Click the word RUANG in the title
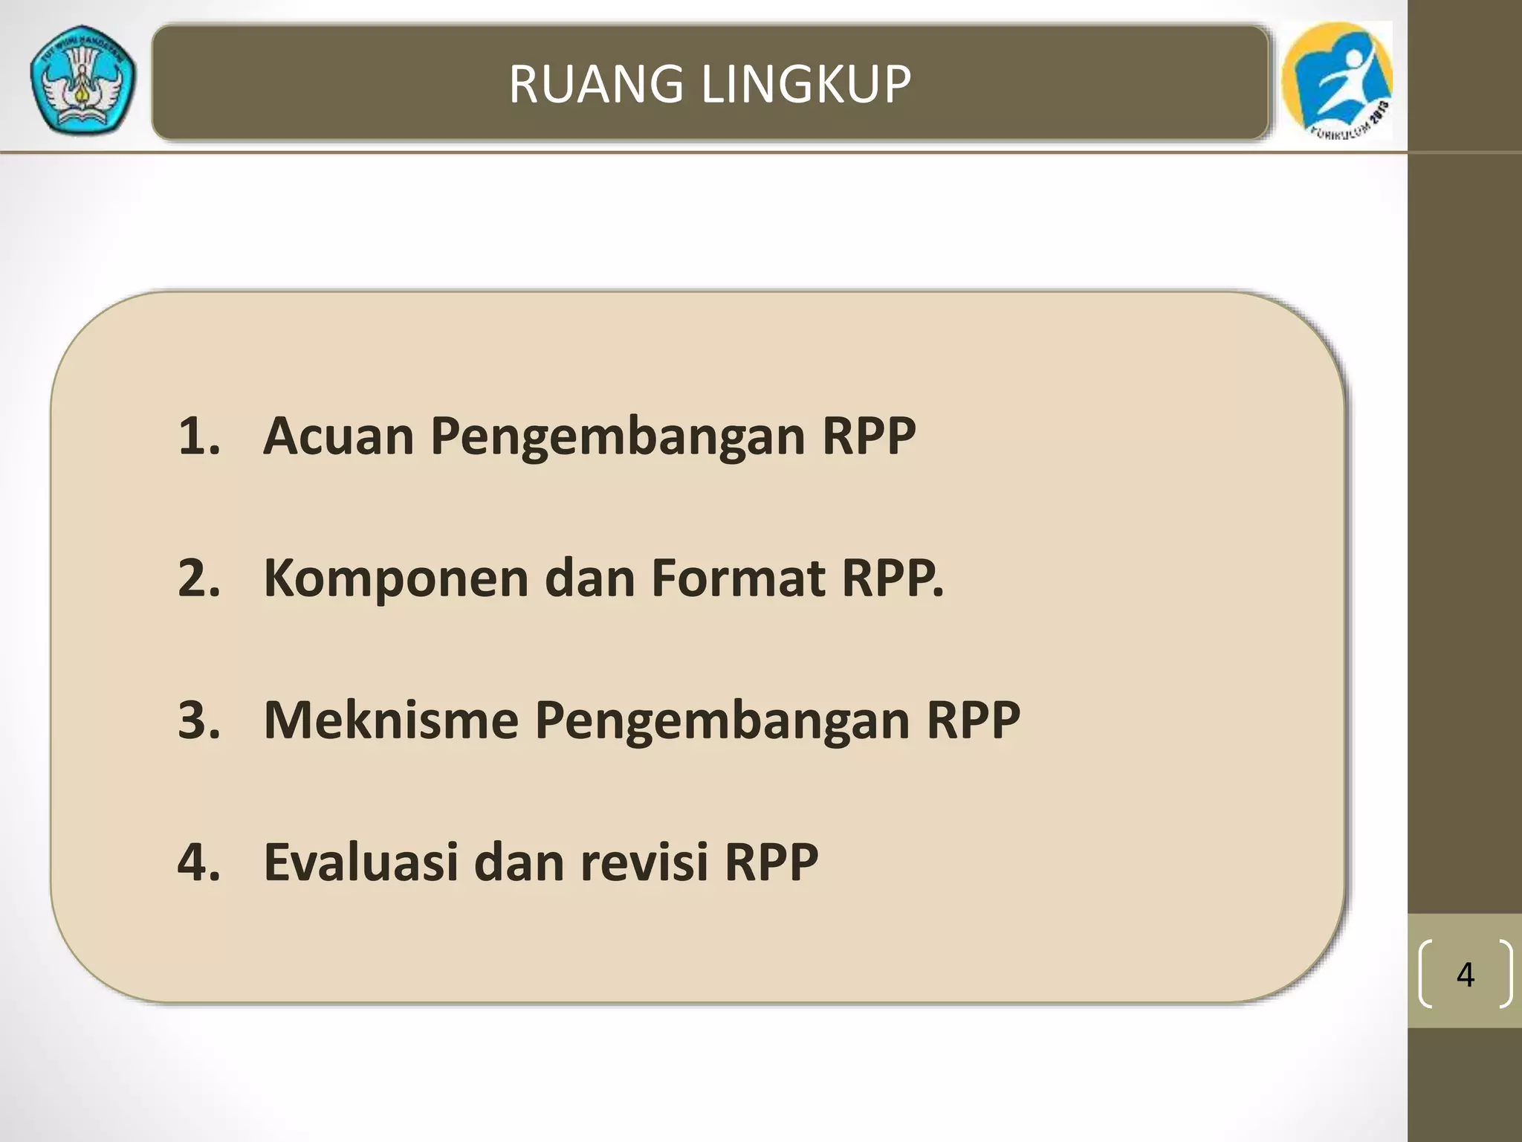tap(595, 83)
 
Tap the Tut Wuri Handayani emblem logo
tap(82, 81)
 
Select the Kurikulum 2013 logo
tap(1337, 80)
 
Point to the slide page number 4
tap(1465, 974)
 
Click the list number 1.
tap(199, 436)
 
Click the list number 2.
tap(199, 578)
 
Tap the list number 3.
tap(199, 720)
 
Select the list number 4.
tap(199, 862)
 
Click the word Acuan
tap(338, 436)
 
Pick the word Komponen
tap(395, 578)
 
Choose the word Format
tap(737, 578)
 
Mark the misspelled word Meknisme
tap(391, 720)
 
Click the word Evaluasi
tap(360, 862)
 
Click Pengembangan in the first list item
tap(618, 437)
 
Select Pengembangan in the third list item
tap(722, 721)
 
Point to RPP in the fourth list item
tap(771, 862)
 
